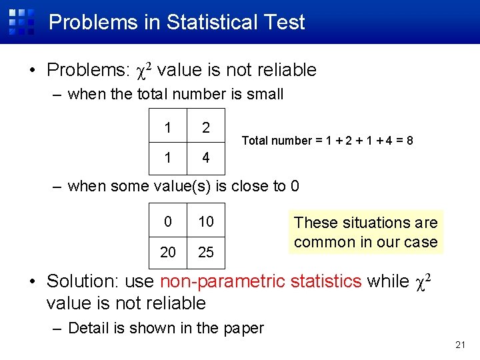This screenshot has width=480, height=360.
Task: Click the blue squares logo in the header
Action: pyautogui.click(x=21, y=21)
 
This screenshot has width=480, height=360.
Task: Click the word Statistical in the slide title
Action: pyautogui.click(x=211, y=22)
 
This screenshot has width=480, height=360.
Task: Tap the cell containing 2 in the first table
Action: pyautogui.click(x=206, y=127)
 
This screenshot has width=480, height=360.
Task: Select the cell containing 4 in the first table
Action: pyautogui.click(x=206, y=158)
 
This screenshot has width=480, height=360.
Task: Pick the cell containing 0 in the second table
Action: pyautogui.click(x=168, y=221)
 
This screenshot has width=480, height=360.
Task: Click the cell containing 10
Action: pyautogui.click(x=206, y=221)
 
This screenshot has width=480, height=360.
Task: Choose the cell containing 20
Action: pyautogui.click(x=168, y=252)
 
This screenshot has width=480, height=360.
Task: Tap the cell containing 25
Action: pyautogui.click(x=206, y=252)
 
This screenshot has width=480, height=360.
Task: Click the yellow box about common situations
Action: pyautogui.click(x=366, y=232)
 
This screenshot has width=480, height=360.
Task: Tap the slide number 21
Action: pyautogui.click(x=459, y=345)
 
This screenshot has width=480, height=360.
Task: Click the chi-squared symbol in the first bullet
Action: pyautogui.click(x=145, y=69)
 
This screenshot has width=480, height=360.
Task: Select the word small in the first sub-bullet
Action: pyautogui.click(x=265, y=95)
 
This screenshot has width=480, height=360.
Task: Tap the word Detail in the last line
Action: pyautogui.click(x=89, y=328)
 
